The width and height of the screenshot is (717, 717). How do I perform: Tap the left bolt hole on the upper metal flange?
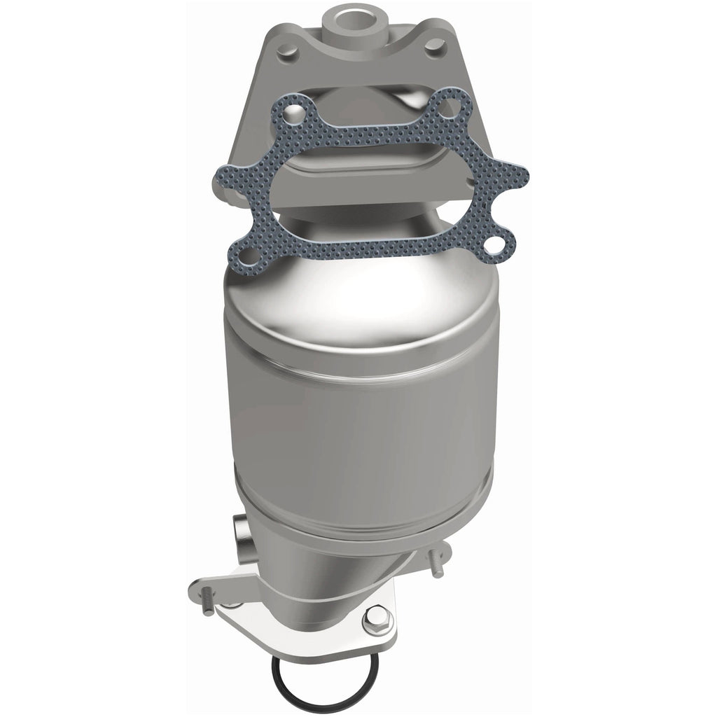[x=285, y=50]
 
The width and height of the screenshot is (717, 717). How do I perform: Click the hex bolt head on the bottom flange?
[x=372, y=618]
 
